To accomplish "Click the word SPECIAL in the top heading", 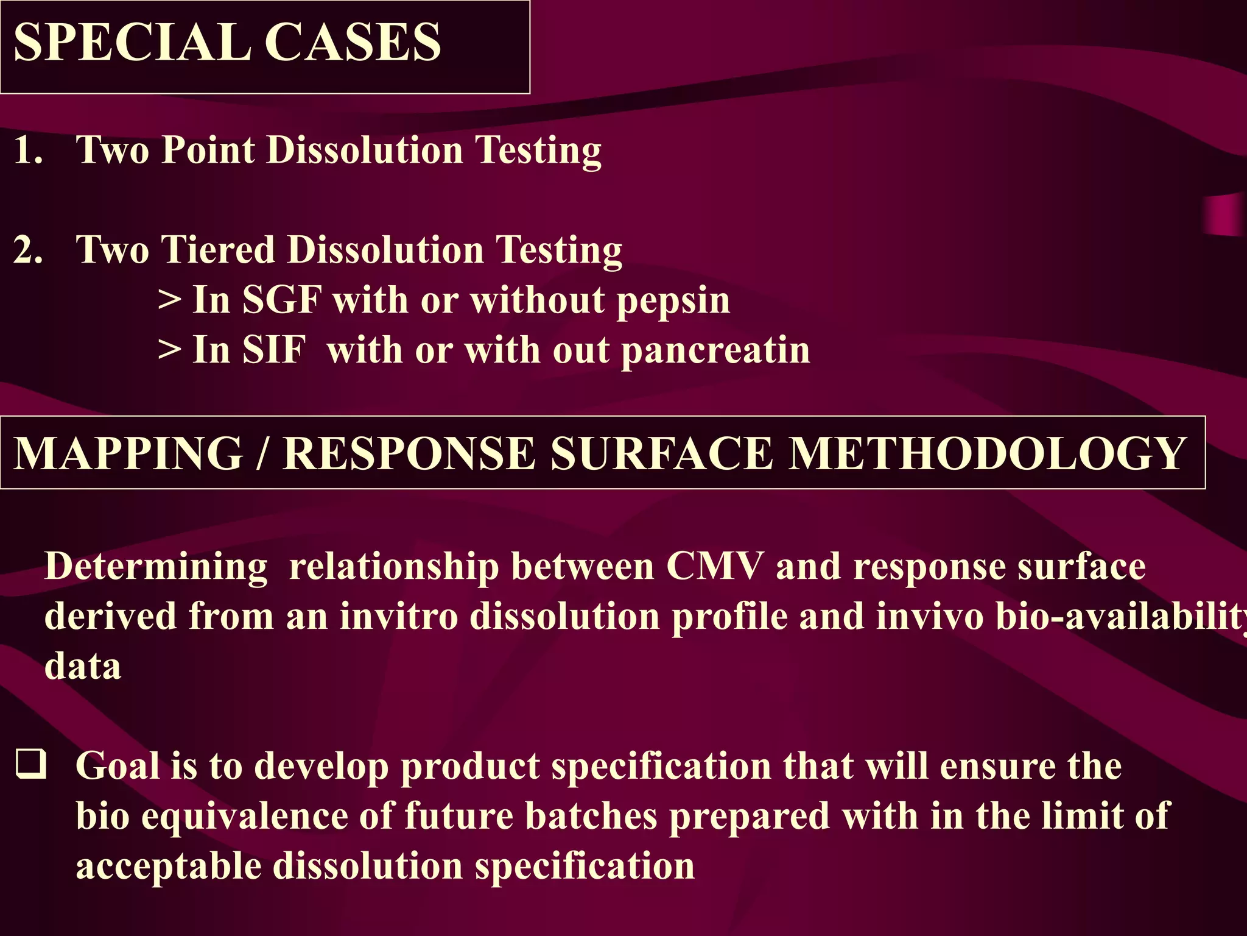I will pyautogui.click(x=132, y=43).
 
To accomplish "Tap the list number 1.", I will pyautogui.click(x=27, y=151).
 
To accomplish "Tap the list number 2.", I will pyautogui.click(x=27, y=250).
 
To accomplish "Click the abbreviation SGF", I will pyautogui.click(x=281, y=300).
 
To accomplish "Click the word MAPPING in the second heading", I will pyautogui.click(x=128, y=454).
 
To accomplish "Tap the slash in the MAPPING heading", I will pyautogui.click(x=262, y=454).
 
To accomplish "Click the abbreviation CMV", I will pyautogui.click(x=714, y=567).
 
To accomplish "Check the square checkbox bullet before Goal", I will pyautogui.click(x=31, y=765).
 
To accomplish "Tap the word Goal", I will pyautogui.click(x=118, y=766).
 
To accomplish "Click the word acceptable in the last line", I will pyautogui.click(x=168, y=867).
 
